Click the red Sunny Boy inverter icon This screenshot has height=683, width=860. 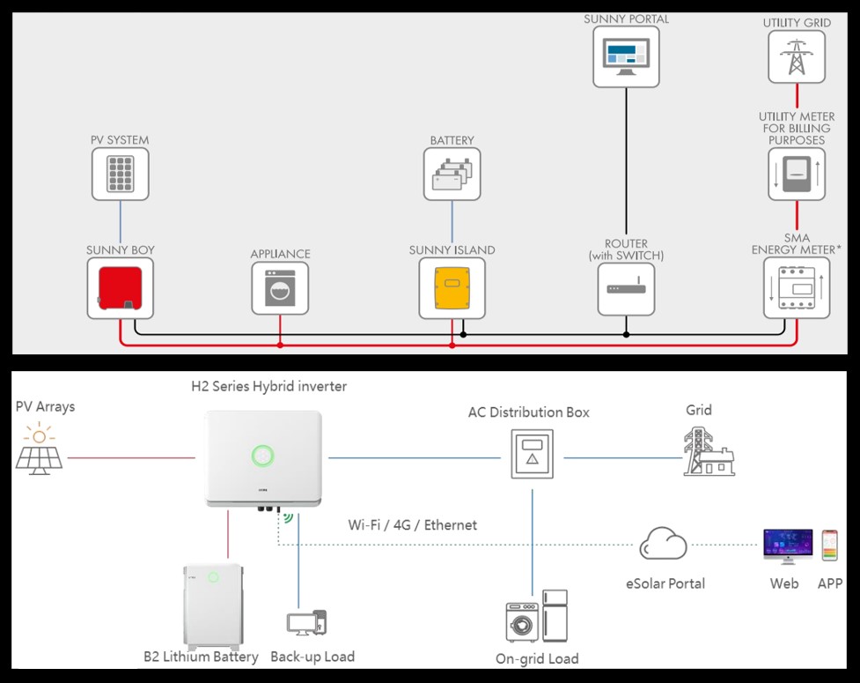(x=120, y=288)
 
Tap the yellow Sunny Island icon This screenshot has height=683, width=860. (x=452, y=288)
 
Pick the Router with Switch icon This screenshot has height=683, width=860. (x=626, y=289)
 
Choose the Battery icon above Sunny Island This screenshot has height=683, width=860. (x=452, y=174)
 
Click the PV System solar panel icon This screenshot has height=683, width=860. (x=120, y=174)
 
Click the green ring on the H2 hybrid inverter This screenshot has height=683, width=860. (x=262, y=456)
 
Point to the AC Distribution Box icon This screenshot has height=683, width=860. (x=532, y=454)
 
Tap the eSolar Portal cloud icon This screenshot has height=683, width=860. (x=663, y=544)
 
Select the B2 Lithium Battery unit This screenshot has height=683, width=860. (x=211, y=605)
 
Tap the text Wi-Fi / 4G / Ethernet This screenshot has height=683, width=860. (x=413, y=525)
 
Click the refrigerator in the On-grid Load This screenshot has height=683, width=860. (x=555, y=615)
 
